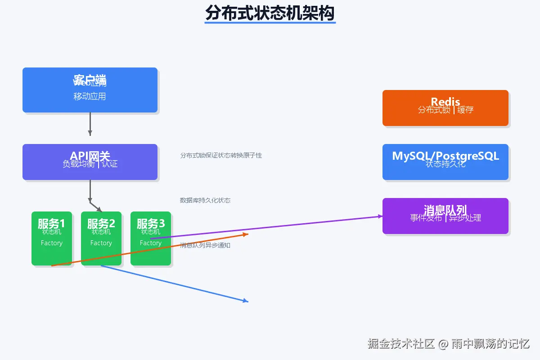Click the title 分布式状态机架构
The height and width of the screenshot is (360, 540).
(270, 13)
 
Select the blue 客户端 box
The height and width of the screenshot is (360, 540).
(90, 90)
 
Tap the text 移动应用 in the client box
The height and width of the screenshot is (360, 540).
(90, 96)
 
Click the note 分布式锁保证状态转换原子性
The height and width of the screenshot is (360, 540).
(221, 155)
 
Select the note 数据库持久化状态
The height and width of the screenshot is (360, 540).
(205, 200)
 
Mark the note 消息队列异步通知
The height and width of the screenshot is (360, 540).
(205, 245)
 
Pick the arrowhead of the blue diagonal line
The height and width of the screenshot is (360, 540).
(246, 301)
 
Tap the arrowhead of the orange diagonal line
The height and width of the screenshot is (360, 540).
(246, 234)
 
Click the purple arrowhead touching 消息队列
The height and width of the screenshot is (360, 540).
(380, 216)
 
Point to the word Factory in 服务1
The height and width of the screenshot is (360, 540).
(52, 243)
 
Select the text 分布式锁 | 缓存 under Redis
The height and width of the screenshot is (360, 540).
(445, 109)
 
